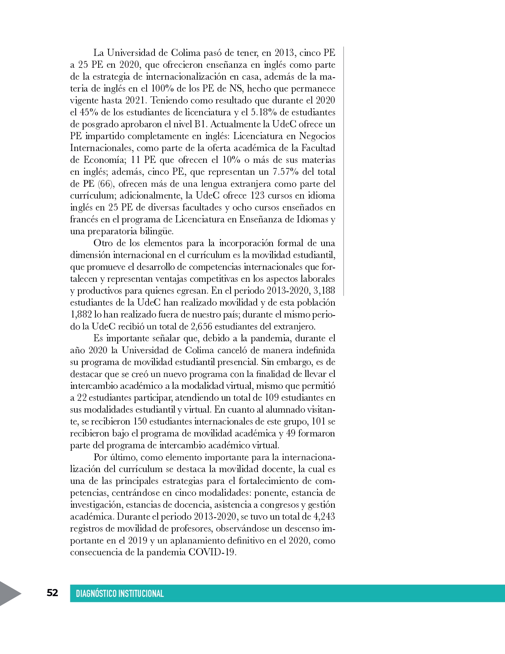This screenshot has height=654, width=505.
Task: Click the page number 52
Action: [52, 593]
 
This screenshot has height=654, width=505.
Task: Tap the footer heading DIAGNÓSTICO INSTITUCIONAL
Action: [120, 593]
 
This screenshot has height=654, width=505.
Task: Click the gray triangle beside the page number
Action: [10, 593]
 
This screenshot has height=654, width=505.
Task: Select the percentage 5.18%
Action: [264, 112]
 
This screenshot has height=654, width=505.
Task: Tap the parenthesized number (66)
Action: [105, 184]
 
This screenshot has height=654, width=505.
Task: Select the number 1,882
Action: [81, 314]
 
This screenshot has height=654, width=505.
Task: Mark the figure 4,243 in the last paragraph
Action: [324, 516]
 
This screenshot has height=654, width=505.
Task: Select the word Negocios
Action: [317, 136]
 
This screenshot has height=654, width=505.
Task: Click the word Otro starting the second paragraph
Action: [105, 243]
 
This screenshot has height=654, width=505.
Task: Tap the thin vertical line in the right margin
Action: [343, 170]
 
